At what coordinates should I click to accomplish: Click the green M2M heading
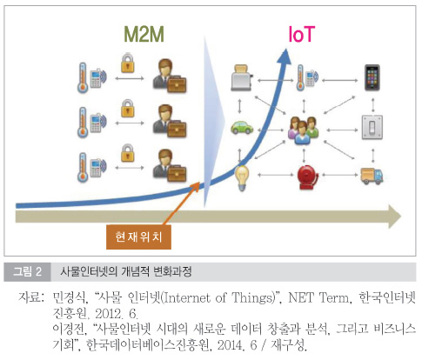pyautogui.click(x=144, y=34)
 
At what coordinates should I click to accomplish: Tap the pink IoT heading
pyautogui.click(x=301, y=34)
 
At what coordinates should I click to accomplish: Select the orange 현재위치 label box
pyautogui.click(x=138, y=237)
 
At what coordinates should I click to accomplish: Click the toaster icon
pyautogui.click(x=242, y=77)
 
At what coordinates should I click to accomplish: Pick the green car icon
pyautogui.click(x=242, y=127)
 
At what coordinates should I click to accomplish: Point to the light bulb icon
pyautogui.click(x=242, y=177)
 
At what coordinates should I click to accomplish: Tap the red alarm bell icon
pyautogui.click(x=307, y=177)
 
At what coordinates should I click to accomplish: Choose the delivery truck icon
pyautogui.click(x=372, y=176)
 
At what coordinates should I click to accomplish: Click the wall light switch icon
pyautogui.click(x=372, y=127)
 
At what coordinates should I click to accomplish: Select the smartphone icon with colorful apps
pyautogui.click(x=372, y=77)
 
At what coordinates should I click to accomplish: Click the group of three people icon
pyautogui.click(x=303, y=130)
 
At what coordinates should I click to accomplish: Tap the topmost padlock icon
pyautogui.click(x=128, y=63)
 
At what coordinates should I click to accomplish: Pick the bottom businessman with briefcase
pyautogui.click(x=170, y=165)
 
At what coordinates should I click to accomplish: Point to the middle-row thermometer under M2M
pyautogui.click(x=83, y=122)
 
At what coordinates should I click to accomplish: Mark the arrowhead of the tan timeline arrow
pyautogui.click(x=395, y=217)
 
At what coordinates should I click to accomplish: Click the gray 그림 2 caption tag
pyautogui.click(x=27, y=271)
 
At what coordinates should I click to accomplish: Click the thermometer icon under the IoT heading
pyautogui.click(x=300, y=77)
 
